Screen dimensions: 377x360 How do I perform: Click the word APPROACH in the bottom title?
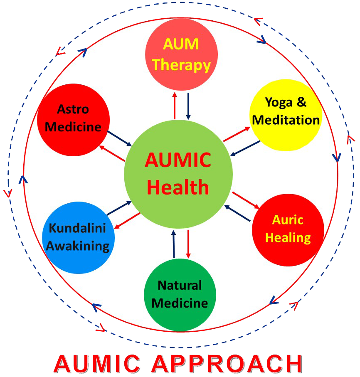226,364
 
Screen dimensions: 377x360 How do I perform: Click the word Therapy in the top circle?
181,65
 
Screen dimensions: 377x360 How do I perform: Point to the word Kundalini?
78,228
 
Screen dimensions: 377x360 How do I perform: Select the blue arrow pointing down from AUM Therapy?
188,106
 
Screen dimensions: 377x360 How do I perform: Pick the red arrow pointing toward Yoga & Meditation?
237,134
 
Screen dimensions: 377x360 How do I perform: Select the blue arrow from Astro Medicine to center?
120,138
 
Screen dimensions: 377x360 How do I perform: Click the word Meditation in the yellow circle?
286,120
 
